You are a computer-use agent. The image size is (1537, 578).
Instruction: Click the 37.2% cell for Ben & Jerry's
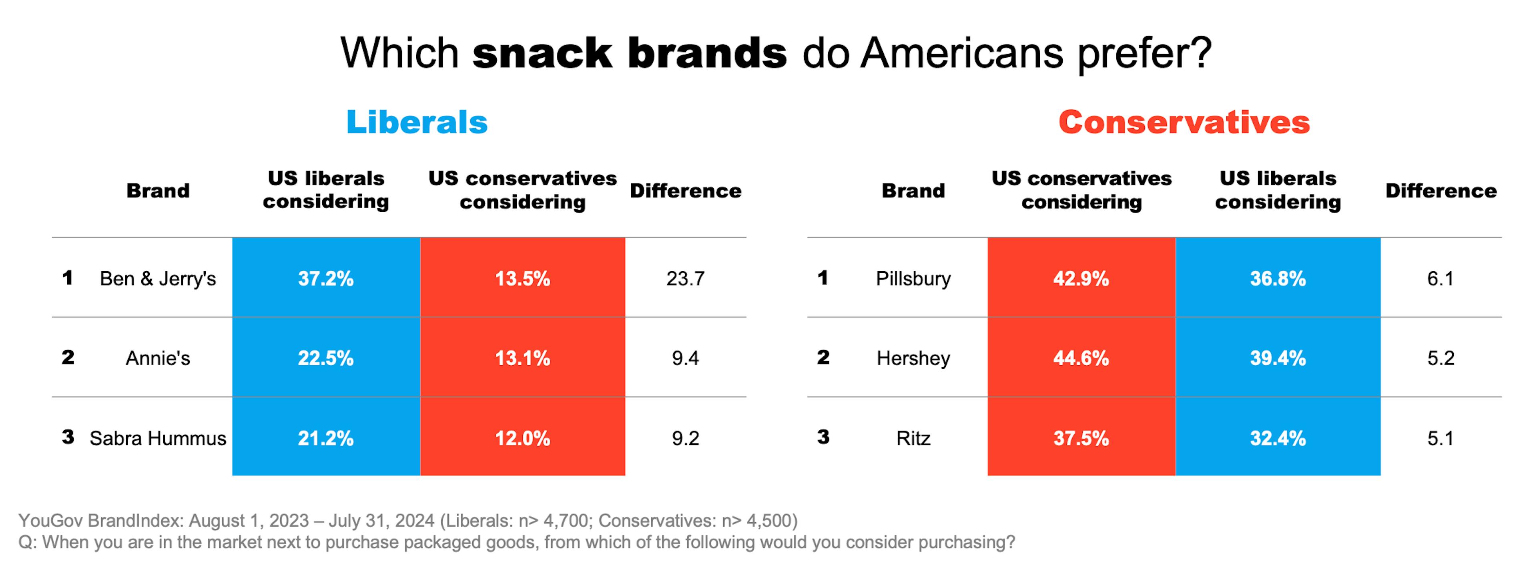coord(326,278)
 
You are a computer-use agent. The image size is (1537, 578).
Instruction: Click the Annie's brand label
coord(158,358)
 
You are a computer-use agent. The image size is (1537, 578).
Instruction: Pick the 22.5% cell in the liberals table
coord(326,358)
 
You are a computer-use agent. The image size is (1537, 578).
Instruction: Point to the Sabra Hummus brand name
coord(158,438)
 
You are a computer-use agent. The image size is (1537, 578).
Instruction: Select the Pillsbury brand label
coord(913,278)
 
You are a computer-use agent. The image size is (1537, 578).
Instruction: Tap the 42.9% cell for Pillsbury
coord(1081,278)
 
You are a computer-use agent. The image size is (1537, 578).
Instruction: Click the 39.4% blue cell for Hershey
coord(1278,358)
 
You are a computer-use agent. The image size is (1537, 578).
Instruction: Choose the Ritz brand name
coord(913,438)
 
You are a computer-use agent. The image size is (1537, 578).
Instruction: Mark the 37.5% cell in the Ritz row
coord(1081,438)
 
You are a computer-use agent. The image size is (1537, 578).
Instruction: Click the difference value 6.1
coord(1441,278)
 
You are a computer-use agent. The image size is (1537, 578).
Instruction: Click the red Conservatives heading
coord(1184,123)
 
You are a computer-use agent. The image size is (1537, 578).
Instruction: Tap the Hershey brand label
coord(913,358)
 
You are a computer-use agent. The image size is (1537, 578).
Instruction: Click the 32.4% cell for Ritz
coord(1278,438)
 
